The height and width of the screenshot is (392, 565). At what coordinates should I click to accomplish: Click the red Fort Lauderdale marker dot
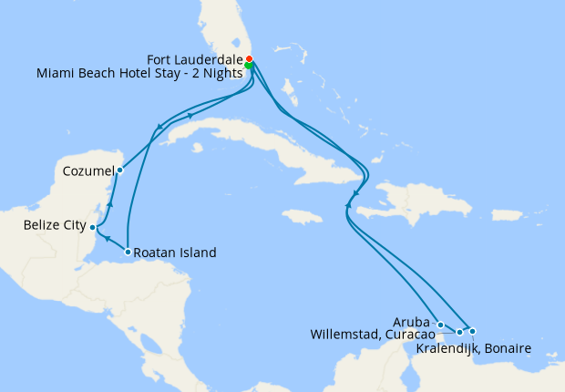coord(250,59)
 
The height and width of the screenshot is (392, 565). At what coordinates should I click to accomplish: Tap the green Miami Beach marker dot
coord(250,66)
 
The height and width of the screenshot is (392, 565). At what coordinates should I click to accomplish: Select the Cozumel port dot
coord(119,170)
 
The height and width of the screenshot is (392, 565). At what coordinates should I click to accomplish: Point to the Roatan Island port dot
coord(128,252)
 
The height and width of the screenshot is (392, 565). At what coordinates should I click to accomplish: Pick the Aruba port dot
coord(440,325)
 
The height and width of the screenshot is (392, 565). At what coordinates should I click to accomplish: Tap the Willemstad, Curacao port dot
coord(459,332)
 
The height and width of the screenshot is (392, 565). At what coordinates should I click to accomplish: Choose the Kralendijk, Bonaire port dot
coord(472,331)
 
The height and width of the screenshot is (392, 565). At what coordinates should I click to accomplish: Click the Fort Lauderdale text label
coord(195,59)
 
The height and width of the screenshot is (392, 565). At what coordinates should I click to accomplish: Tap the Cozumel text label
coord(88,170)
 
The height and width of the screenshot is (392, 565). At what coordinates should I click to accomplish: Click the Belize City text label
coord(56,225)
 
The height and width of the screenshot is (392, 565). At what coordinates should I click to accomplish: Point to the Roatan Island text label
coord(175,253)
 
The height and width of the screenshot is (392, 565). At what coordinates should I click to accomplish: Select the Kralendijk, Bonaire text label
coord(473,347)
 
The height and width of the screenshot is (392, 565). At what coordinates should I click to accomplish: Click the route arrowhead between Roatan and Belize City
coord(108,240)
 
